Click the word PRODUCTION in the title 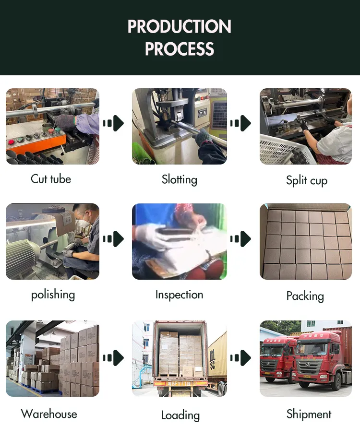click(x=180, y=26)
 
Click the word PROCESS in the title click(x=180, y=49)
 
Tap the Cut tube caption click(x=51, y=179)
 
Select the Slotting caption click(x=180, y=179)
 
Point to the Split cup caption click(x=307, y=180)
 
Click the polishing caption click(x=53, y=294)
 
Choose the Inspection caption click(x=180, y=295)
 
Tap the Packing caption click(x=305, y=296)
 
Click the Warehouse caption click(x=49, y=414)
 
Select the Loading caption click(x=180, y=415)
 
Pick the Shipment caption click(x=309, y=414)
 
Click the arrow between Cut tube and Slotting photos click(x=114, y=124)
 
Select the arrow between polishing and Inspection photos click(x=114, y=238)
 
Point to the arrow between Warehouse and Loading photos click(x=114, y=358)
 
